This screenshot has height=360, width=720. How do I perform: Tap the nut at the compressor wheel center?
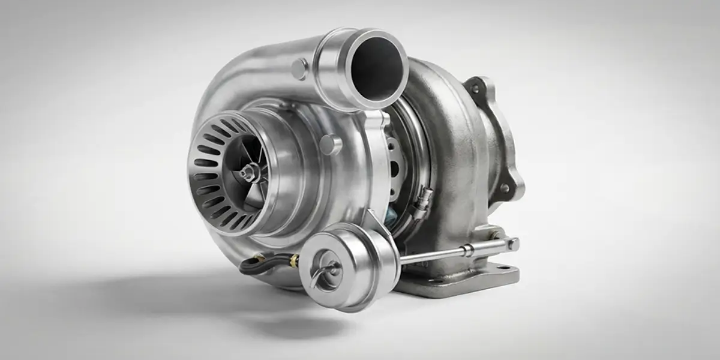coord(247,173)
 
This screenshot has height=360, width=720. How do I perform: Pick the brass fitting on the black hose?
coord(293,260)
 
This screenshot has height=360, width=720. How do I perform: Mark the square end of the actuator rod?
coord(512,244)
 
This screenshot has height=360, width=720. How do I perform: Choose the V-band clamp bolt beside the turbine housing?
coord(424,198)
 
